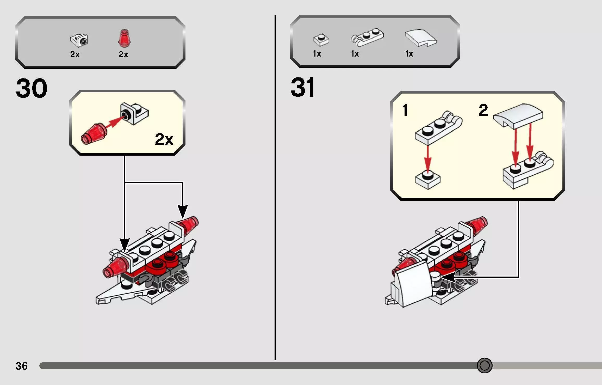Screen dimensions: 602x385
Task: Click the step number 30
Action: coord(32,88)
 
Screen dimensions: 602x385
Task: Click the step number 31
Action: coord(302,87)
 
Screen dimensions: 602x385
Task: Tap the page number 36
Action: coord(21,366)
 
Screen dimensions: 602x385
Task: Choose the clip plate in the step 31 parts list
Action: coord(367,37)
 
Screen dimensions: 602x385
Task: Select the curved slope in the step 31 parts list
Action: coord(421,38)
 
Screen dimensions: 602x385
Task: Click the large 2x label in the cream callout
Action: coord(164,139)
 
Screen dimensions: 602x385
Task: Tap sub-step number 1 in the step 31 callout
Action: coord(405,110)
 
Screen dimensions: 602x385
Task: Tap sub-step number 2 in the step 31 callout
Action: coord(483,110)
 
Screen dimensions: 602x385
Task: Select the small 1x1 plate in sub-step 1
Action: coord(427,180)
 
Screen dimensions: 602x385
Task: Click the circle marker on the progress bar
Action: coord(485,365)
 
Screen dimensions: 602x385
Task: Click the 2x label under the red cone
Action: coord(123,54)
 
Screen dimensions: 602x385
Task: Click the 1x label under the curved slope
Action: coord(409,54)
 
